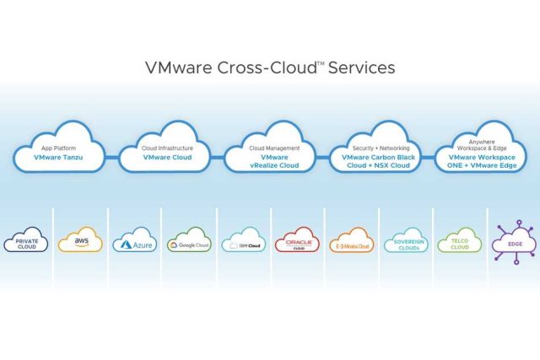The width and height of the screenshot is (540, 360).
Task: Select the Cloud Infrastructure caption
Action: [166, 148]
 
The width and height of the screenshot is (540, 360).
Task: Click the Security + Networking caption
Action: [378, 148]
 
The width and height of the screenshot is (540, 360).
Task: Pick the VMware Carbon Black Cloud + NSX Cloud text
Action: [378, 162]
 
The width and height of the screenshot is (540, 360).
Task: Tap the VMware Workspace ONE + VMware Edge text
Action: [482, 162]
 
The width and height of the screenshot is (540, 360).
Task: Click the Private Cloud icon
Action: [27, 242]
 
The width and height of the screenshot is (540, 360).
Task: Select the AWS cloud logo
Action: [81, 241]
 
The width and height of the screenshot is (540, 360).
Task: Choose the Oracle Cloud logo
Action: [297, 242]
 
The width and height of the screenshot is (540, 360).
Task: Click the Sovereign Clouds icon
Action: [405, 242]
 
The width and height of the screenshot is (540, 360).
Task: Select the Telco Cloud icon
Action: [459, 242]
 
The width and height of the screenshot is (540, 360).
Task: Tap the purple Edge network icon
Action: [513, 242]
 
